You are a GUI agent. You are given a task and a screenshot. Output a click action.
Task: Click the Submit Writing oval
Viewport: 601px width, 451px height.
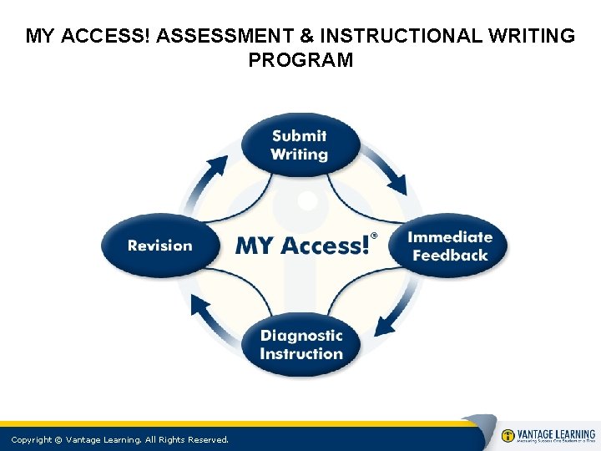tap(300, 145)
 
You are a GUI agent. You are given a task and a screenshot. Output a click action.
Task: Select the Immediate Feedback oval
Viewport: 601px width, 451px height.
tap(449, 246)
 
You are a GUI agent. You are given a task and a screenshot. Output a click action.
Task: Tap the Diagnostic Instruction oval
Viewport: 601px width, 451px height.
tap(300, 344)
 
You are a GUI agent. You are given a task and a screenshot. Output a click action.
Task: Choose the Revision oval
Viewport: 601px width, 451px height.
tap(159, 246)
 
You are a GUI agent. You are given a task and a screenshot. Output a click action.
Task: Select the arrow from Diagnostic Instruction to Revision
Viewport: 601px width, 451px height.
tap(209, 317)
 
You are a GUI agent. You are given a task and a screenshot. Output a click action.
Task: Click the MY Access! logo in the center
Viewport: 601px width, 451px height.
tap(302, 246)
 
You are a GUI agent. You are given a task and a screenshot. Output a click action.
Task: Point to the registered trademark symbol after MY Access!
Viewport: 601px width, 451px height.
tap(374, 236)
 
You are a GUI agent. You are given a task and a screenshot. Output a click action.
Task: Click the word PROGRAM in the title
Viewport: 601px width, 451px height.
tap(300, 60)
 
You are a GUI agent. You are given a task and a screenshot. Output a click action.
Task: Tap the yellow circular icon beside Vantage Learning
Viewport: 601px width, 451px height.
tap(508, 436)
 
